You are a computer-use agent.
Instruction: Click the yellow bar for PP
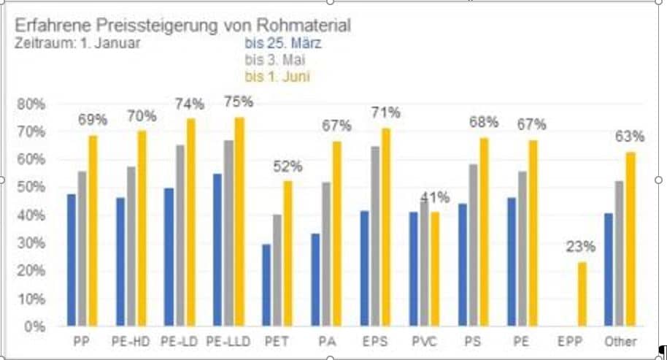(93, 231)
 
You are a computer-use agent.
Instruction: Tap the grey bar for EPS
(375, 236)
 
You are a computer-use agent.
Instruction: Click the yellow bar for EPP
(582, 294)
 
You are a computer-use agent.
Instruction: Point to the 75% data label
(238, 102)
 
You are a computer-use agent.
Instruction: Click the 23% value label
(581, 247)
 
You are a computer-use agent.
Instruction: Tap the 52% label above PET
(288, 166)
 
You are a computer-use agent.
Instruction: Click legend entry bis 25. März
(283, 43)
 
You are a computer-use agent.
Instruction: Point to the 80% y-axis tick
(30, 104)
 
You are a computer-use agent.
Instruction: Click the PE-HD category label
(131, 341)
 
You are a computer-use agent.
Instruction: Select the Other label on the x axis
(620, 341)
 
